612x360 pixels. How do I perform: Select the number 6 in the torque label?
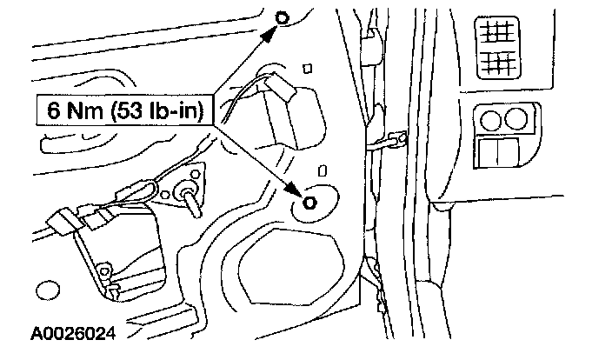(52, 110)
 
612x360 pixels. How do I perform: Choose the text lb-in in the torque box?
(170, 110)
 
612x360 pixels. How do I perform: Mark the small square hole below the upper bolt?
(307, 66)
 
